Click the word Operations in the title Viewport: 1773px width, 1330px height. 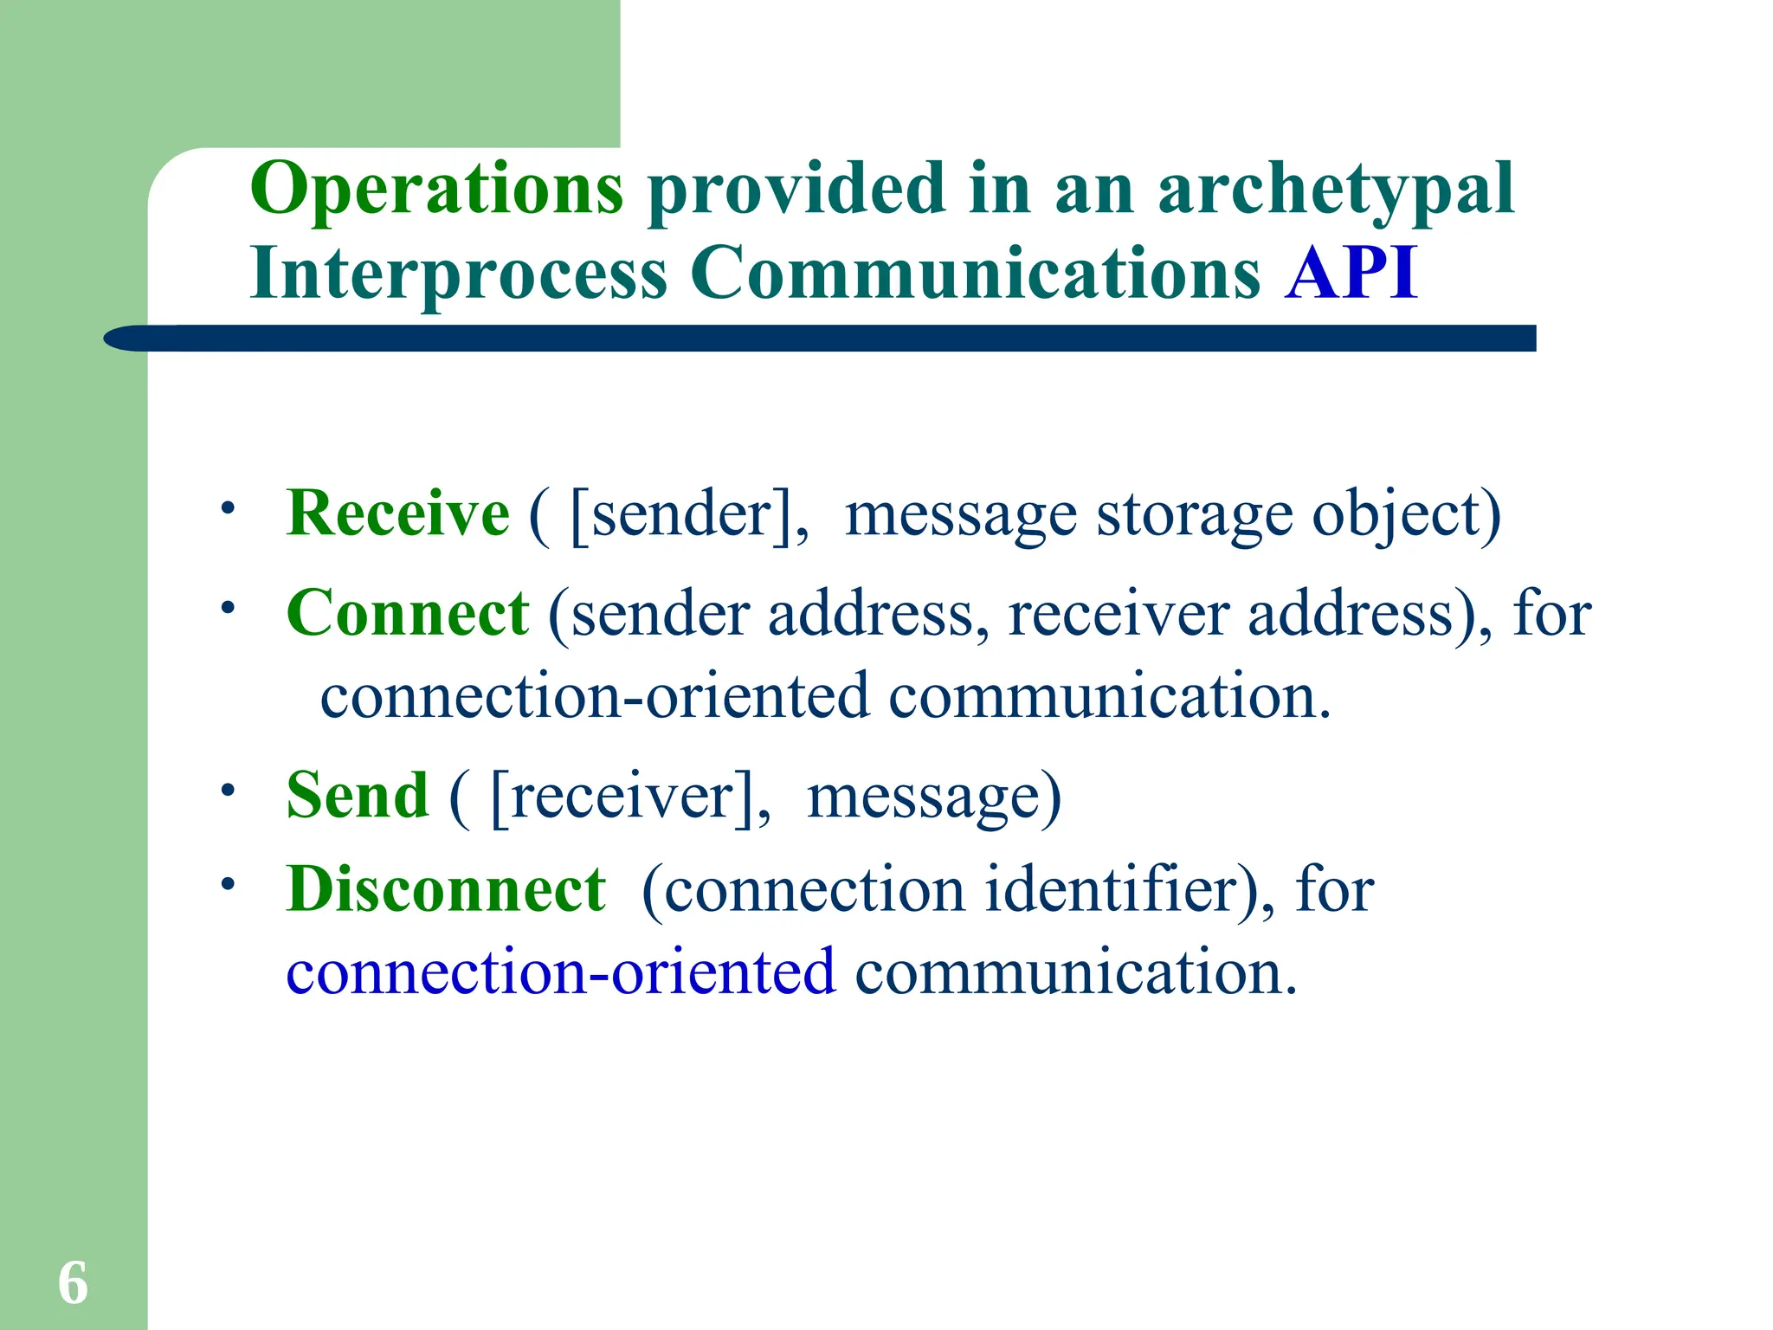[436, 189]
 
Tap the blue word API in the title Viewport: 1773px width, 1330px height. [1351, 274]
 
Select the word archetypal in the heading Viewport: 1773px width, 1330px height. [1336, 190]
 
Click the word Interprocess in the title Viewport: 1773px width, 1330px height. [459, 274]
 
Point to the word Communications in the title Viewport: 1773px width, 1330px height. [976, 274]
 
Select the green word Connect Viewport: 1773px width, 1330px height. [407, 613]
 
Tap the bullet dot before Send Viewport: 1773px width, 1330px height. [228, 790]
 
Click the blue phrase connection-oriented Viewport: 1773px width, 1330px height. [561, 972]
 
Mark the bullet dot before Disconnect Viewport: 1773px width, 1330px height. [228, 884]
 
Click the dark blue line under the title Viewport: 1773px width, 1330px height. [818, 339]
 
